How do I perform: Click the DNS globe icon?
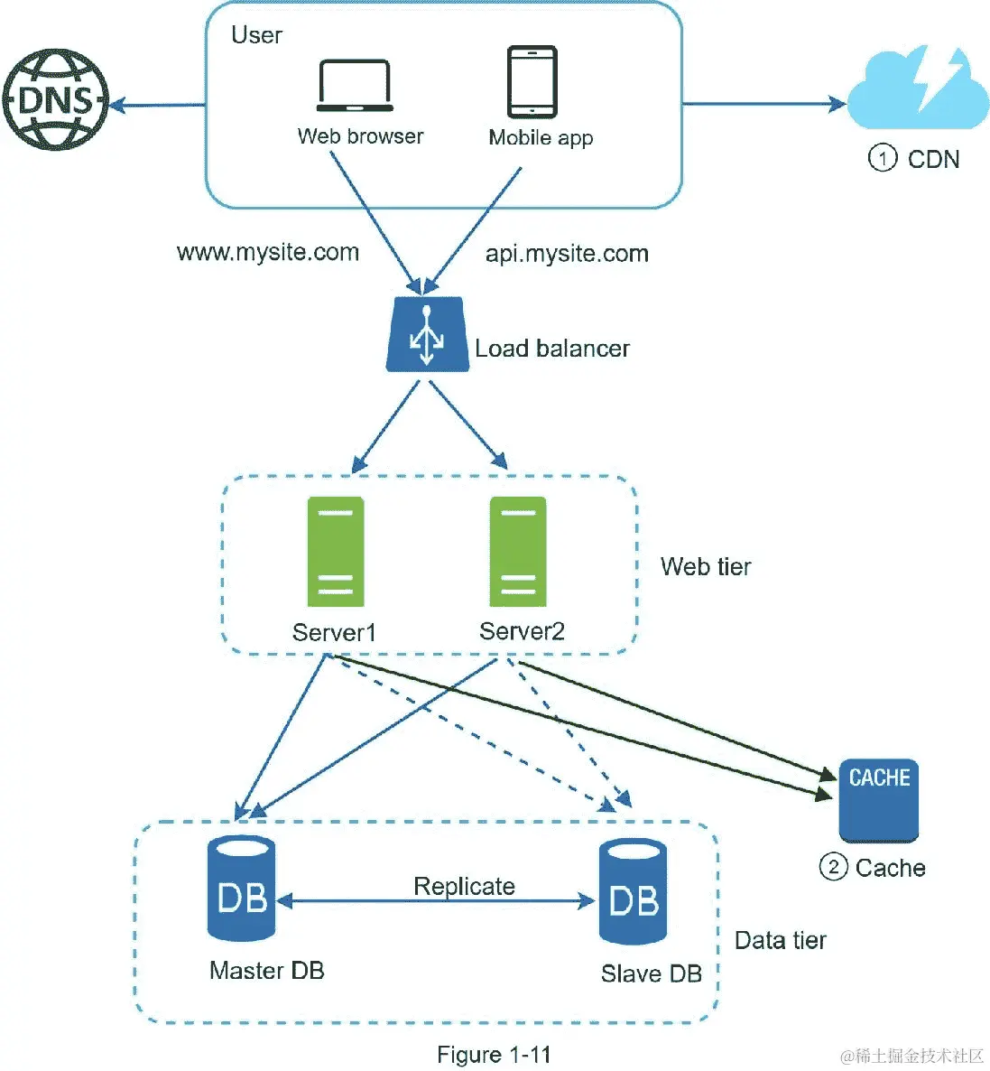click(55, 99)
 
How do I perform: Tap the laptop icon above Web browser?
click(354, 86)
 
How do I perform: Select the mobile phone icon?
click(532, 82)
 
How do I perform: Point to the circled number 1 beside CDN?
click(882, 159)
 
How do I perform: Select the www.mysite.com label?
click(268, 252)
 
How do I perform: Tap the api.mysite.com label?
click(567, 254)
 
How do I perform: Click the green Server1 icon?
click(336, 551)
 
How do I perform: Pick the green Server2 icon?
click(518, 551)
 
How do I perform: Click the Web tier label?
click(706, 567)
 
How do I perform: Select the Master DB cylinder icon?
click(241, 889)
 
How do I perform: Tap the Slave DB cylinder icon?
click(634, 892)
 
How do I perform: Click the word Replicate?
click(464, 886)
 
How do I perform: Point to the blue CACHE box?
click(878, 799)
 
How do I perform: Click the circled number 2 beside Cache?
click(832, 868)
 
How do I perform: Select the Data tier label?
click(781, 941)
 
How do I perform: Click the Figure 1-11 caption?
click(494, 1055)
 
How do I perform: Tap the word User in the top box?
click(256, 35)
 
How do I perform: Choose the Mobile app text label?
click(541, 137)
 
